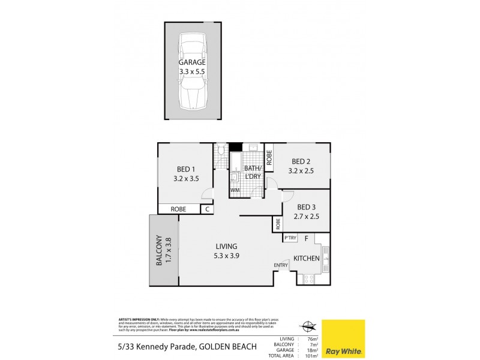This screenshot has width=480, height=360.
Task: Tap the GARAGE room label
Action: coord(192,62)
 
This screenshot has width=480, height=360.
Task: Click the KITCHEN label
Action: coord(305,259)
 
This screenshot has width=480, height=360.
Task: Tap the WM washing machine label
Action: coord(235,191)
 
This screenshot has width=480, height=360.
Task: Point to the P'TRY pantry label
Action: coord(290,238)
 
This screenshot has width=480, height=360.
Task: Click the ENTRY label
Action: coord(281,265)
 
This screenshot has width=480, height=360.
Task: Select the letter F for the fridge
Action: coord(306,238)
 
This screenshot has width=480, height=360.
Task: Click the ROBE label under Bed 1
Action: coord(178,209)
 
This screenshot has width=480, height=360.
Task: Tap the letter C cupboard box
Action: coord(206,209)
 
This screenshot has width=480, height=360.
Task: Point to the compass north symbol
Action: coord(309,326)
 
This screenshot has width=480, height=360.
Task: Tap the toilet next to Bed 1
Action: coord(220,150)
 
